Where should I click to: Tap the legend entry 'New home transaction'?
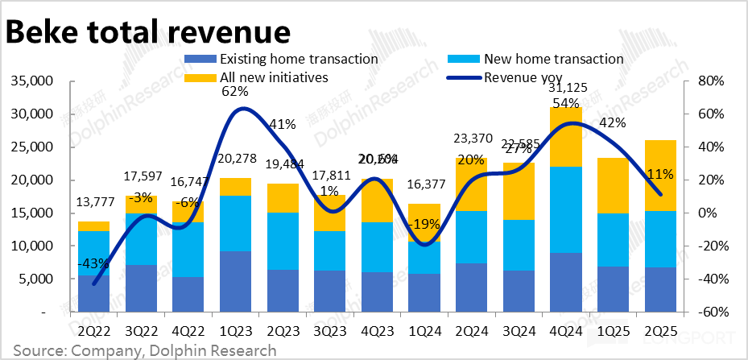point(553,59)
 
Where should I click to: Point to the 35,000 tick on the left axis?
point(29,81)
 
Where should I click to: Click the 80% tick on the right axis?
point(712,81)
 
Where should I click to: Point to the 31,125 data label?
point(568,88)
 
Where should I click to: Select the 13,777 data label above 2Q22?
point(94,201)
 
